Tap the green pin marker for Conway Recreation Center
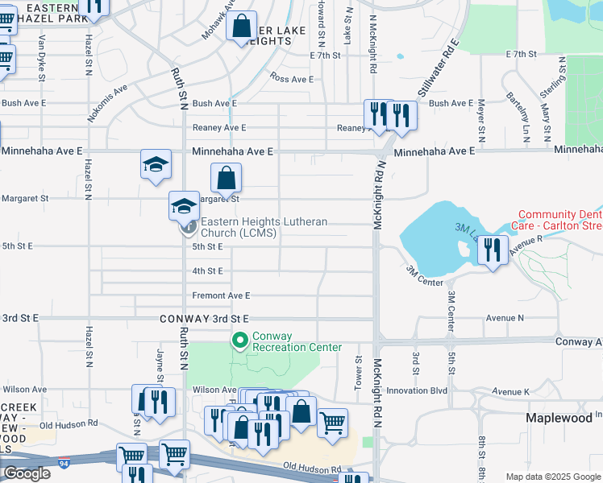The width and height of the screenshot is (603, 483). (239, 341)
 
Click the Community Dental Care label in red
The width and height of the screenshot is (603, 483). (559, 220)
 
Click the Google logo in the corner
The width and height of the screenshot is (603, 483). (27, 473)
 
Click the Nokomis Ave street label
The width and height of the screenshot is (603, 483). (108, 102)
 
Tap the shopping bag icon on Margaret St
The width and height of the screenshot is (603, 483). (227, 178)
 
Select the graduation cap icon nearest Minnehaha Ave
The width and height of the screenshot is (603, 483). (156, 165)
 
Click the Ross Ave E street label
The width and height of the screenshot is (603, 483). (292, 79)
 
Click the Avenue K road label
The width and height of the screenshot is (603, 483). (511, 391)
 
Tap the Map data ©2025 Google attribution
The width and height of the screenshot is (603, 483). (554, 477)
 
